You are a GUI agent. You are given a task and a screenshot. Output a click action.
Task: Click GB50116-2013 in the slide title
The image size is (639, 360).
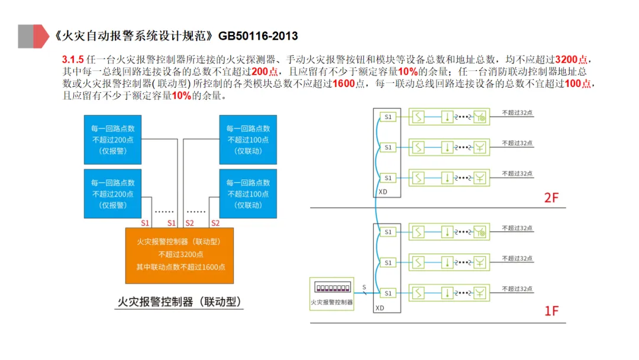[x=258, y=36]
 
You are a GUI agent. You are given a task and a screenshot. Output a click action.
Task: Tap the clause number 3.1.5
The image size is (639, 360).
[x=73, y=60]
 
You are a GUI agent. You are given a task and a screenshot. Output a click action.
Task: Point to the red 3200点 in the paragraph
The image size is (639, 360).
[x=573, y=60]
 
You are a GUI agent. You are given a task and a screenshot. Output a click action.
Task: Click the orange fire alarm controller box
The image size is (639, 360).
[x=179, y=255]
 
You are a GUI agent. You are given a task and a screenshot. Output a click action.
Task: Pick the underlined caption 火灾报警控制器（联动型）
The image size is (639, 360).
[x=179, y=301]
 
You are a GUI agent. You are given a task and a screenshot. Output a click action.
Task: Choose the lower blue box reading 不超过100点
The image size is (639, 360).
[x=248, y=194]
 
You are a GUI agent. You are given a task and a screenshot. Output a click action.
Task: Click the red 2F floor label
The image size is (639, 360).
[x=551, y=198]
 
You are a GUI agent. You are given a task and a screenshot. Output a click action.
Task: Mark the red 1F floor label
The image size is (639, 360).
[x=551, y=310]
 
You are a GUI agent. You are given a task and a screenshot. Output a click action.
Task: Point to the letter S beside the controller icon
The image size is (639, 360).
[x=364, y=287]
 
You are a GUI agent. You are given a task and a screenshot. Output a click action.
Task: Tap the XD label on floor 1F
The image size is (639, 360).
[x=380, y=308]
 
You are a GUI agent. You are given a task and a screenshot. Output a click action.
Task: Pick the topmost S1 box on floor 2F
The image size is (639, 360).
[x=388, y=117]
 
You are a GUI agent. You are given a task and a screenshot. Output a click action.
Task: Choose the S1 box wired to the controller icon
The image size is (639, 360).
[x=388, y=293]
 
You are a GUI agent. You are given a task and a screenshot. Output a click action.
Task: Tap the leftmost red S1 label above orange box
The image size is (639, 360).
[x=145, y=223]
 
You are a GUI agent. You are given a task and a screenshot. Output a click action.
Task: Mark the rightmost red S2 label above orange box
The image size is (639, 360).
[x=215, y=223]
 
